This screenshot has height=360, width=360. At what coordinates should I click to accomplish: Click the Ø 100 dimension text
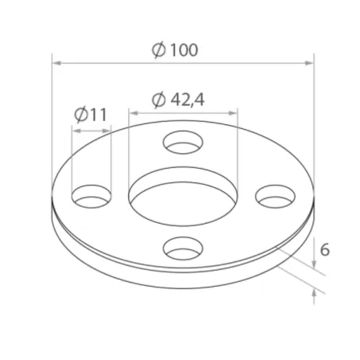click(x=174, y=49)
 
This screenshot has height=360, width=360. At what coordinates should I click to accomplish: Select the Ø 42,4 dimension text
click(x=178, y=100)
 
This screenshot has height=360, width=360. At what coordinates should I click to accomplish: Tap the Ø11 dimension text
click(x=90, y=115)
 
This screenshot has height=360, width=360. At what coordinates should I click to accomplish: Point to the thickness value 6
click(x=324, y=249)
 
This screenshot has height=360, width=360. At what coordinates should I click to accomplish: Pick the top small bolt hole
click(x=183, y=143)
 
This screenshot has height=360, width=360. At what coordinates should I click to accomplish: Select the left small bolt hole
click(x=92, y=195)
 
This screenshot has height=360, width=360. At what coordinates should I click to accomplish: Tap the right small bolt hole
click(x=275, y=194)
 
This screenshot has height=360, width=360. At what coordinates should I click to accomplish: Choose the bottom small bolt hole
click(x=183, y=249)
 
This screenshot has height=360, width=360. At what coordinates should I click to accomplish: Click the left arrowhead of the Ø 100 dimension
click(x=56, y=62)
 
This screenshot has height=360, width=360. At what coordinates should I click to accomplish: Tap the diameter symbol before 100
click(x=158, y=49)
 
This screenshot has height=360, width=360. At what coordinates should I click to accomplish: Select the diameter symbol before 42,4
click(x=157, y=100)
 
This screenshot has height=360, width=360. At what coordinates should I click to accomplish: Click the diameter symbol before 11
click(x=81, y=115)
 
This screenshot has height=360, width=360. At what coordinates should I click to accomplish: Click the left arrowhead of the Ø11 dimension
click(x=74, y=127)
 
